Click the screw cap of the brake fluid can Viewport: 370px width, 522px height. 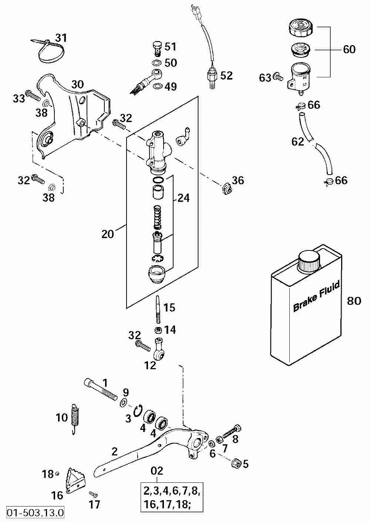click(x=309, y=261)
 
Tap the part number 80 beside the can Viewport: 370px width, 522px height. click(x=354, y=301)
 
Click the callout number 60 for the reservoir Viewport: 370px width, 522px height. click(x=349, y=49)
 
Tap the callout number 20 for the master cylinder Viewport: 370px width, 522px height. click(x=108, y=234)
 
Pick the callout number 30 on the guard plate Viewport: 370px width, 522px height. click(x=77, y=84)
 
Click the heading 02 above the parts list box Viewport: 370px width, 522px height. click(x=157, y=471)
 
